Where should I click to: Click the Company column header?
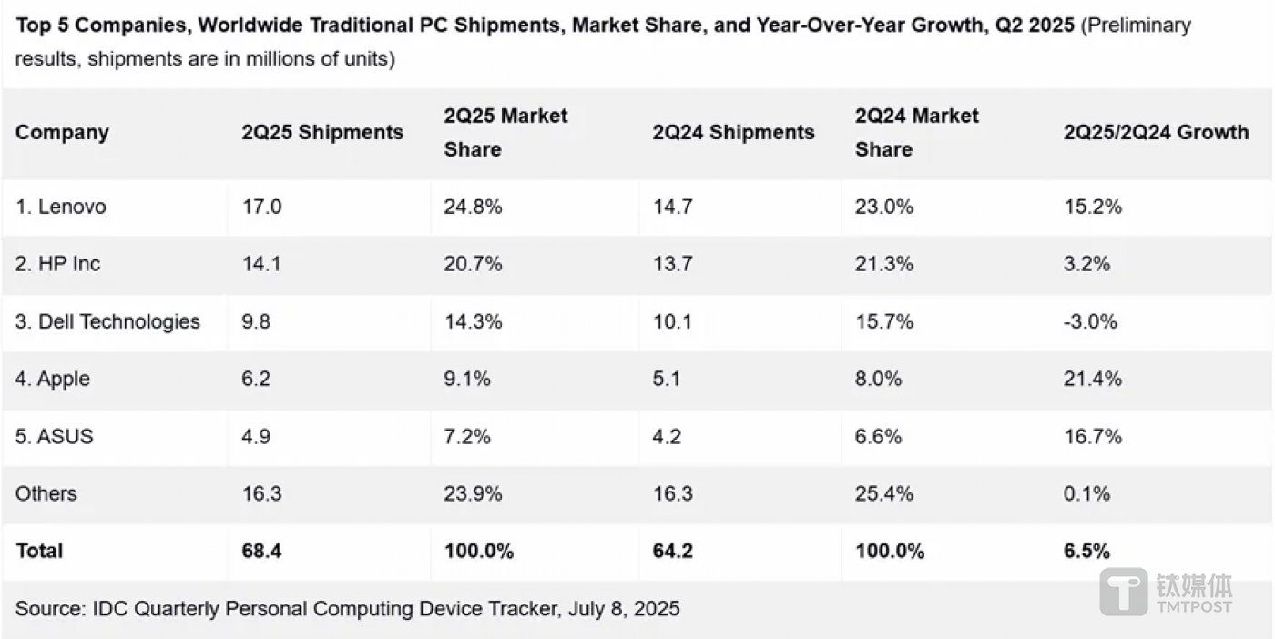(62, 132)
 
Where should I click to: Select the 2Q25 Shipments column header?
(322, 132)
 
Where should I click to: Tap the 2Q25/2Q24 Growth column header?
(1156, 132)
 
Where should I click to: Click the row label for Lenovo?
(60, 207)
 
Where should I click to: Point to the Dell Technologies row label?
(107, 321)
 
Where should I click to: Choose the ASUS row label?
(55, 436)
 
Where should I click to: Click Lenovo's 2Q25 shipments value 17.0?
(261, 207)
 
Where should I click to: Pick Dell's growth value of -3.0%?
(1090, 321)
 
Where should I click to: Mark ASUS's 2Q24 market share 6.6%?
(878, 436)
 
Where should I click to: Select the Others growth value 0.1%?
(1086, 493)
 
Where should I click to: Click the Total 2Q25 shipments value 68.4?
(262, 551)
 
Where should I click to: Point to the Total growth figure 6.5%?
(1087, 551)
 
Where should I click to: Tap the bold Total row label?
(39, 551)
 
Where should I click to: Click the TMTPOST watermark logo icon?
(1125, 592)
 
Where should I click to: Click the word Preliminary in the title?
(1137, 25)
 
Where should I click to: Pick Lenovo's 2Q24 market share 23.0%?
(883, 207)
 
